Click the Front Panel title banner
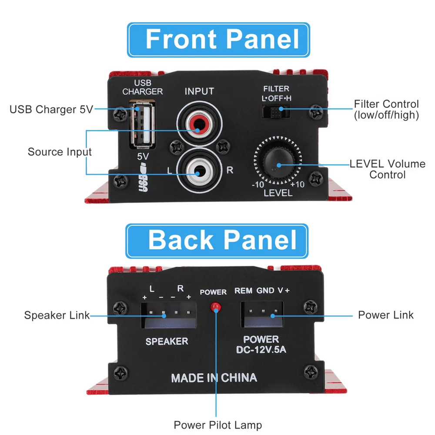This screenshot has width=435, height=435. pyautogui.click(x=218, y=40)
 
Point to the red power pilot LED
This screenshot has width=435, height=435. pyautogui.click(x=214, y=307)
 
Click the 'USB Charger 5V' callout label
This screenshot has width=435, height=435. pyautogui.click(x=51, y=110)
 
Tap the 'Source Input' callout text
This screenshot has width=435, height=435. pyautogui.click(x=60, y=152)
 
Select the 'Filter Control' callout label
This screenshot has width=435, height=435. pyautogui.click(x=386, y=110)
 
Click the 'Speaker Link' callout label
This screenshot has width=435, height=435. pyautogui.click(x=57, y=315)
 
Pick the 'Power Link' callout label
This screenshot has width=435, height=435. pyautogui.click(x=385, y=315)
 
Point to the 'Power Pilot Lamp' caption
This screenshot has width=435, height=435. pyautogui.click(x=217, y=425)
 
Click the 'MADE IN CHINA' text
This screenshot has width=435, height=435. pyautogui.click(x=214, y=378)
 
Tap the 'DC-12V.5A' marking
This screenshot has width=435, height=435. pyautogui.click(x=261, y=348)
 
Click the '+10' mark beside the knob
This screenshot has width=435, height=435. pyautogui.click(x=298, y=184)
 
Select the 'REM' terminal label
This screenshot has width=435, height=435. pyautogui.click(x=243, y=291)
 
